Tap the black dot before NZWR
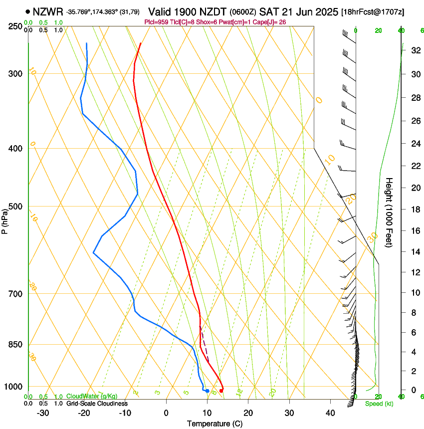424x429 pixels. [27, 11]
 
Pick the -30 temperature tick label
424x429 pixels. [43, 413]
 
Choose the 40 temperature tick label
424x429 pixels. [330, 413]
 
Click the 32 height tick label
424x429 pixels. [415, 50]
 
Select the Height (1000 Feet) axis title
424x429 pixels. [390, 213]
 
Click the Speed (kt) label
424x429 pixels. [379, 404]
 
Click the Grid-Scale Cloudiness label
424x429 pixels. [97, 404]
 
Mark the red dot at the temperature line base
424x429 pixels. [221, 390]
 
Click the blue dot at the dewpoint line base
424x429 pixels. [207, 391]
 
